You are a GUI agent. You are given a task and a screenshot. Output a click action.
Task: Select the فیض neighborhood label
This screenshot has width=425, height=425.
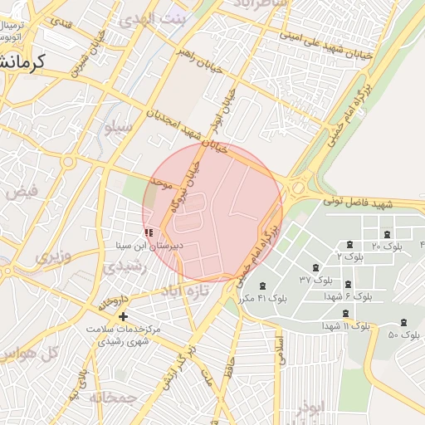[22, 192]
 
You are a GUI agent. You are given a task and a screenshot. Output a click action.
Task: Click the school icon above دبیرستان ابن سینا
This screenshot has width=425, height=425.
[149, 234]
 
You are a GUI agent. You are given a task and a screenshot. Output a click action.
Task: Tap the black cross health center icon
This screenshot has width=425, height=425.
[124, 316]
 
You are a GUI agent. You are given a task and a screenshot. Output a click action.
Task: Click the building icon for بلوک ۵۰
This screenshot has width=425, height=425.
[404, 322]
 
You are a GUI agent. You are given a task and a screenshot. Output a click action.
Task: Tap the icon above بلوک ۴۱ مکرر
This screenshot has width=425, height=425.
[263, 286]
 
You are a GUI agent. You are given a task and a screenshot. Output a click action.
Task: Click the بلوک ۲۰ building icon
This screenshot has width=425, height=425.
[349, 244]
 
